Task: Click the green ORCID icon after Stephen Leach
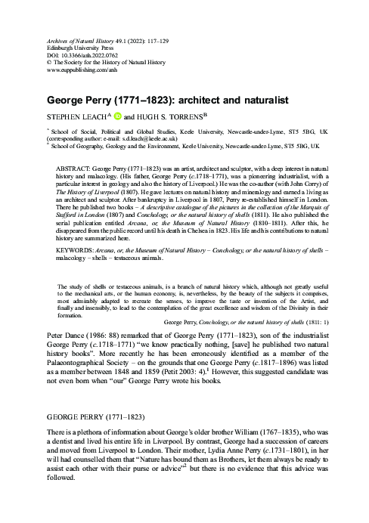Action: click(x=116, y=117)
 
